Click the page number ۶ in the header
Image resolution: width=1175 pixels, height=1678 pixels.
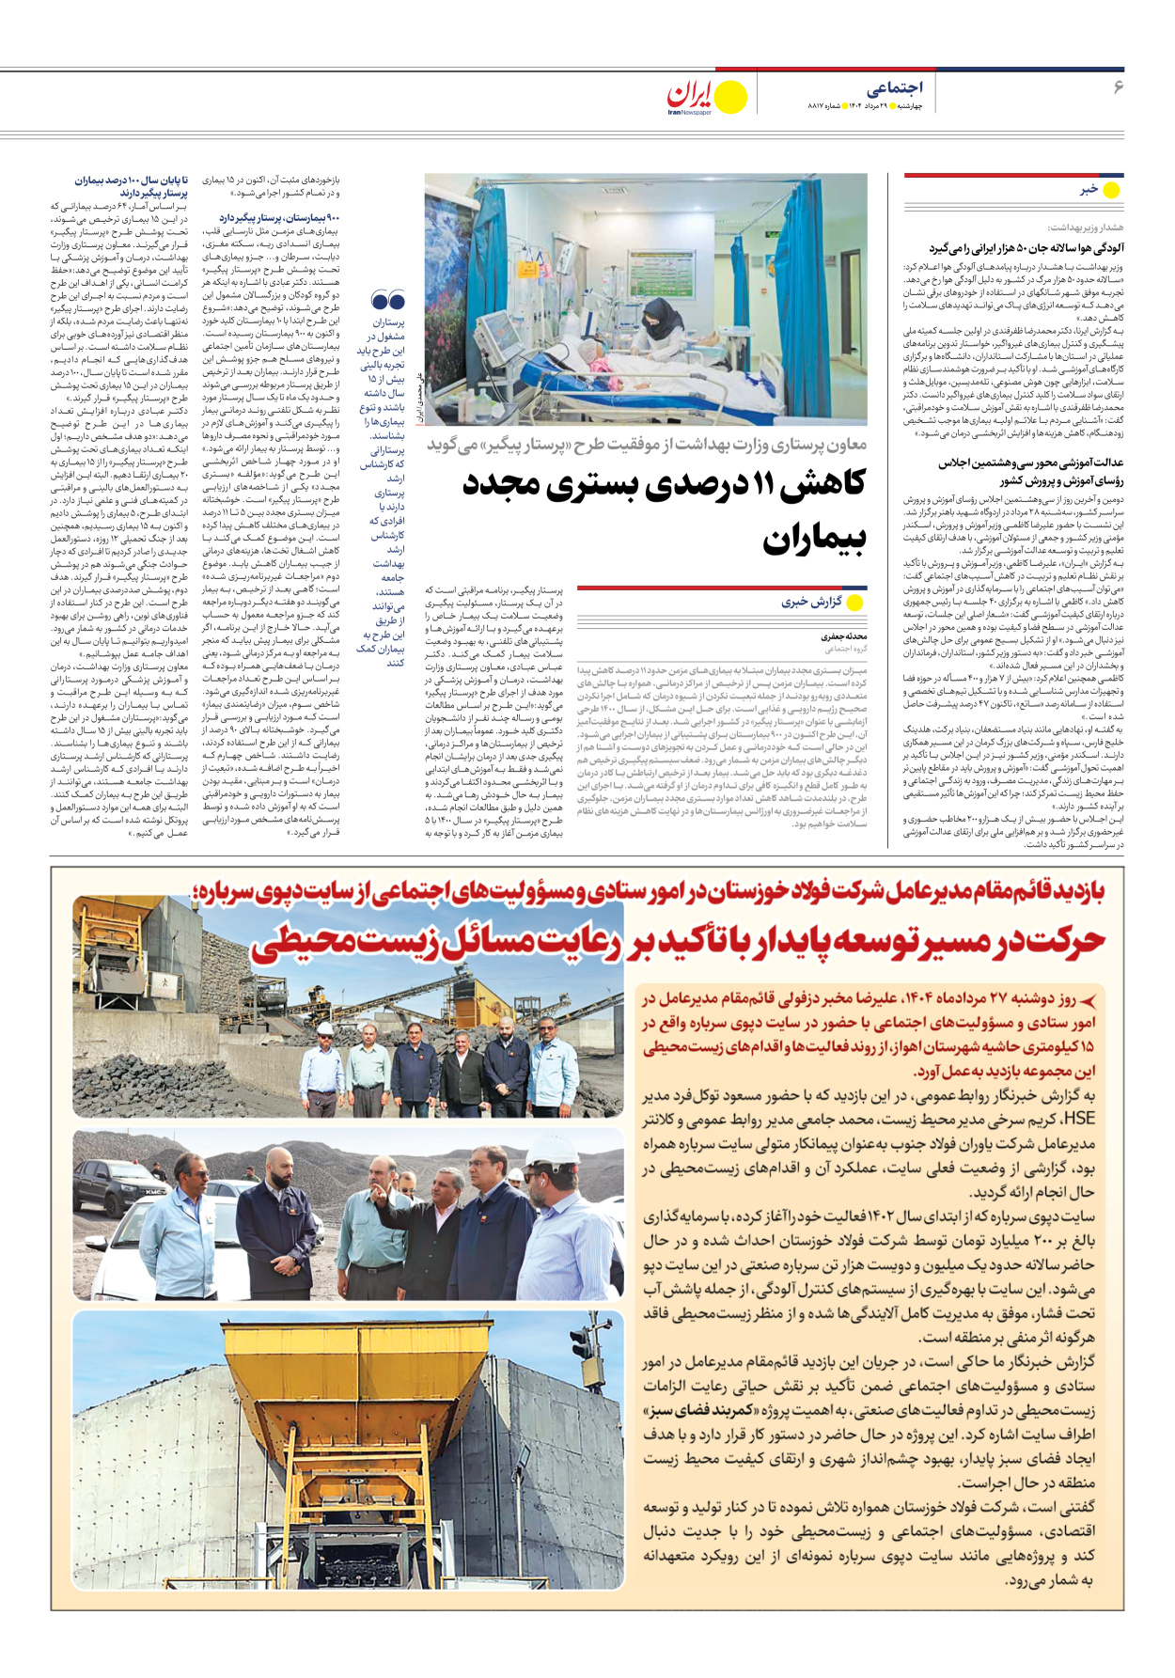(x=1118, y=87)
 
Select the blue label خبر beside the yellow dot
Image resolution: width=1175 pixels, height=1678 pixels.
(x=1089, y=190)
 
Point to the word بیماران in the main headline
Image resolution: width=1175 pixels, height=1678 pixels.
(x=814, y=540)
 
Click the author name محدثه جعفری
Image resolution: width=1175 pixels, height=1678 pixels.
(x=843, y=636)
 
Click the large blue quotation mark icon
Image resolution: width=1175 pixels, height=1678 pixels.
(x=388, y=301)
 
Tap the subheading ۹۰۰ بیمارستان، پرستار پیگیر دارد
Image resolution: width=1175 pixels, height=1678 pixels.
(x=279, y=218)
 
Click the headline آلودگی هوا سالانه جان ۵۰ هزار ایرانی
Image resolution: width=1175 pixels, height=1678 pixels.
(x=1026, y=248)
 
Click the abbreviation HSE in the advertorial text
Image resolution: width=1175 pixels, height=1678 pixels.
(x=1078, y=1119)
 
